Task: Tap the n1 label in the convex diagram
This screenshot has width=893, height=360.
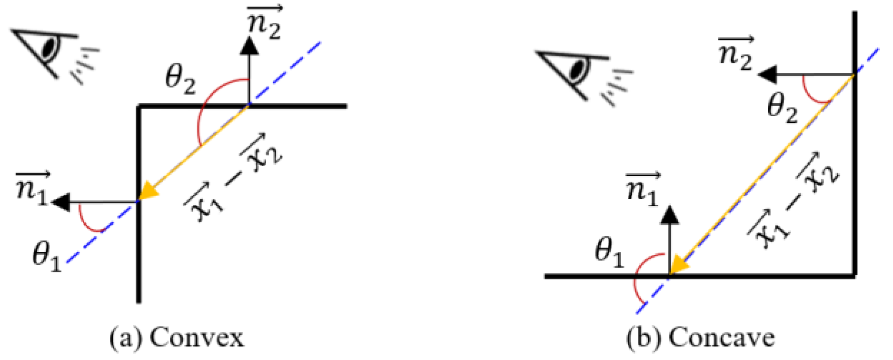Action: [32, 188]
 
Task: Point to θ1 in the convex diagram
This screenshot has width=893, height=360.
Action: [47, 256]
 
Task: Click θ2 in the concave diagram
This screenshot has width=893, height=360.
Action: [782, 109]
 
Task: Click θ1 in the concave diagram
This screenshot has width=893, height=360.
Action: [609, 252]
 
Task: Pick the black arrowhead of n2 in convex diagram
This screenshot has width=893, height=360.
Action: [248, 45]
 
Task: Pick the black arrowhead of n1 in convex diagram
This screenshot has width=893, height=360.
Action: [61, 202]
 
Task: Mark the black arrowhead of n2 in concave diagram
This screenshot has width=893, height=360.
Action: [767, 75]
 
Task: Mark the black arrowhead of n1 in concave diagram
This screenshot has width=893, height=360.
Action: [670, 215]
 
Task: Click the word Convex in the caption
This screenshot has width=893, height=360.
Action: [196, 338]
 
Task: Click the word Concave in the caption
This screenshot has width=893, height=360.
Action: [721, 338]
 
